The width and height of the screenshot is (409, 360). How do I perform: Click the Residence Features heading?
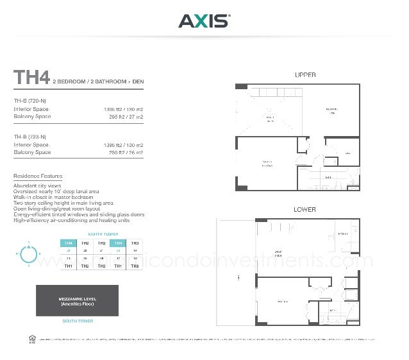tap(38, 176)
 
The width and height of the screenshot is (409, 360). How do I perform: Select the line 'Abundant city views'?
tap(37, 186)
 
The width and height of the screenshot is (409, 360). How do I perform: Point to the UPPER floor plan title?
tap(305, 75)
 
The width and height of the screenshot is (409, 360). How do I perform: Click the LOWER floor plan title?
tap(305, 210)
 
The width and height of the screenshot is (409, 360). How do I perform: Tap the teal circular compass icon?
tap(29, 255)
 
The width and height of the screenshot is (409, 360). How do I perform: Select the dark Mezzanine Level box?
tap(78, 300)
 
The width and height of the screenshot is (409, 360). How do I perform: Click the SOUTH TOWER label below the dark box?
tap(78, 321)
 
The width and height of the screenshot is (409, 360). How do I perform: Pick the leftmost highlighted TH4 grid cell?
tap(68, 243)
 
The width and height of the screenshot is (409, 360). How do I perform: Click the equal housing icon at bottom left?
tap(31, 338)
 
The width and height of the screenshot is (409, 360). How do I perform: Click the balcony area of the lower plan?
tap(237, 276)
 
